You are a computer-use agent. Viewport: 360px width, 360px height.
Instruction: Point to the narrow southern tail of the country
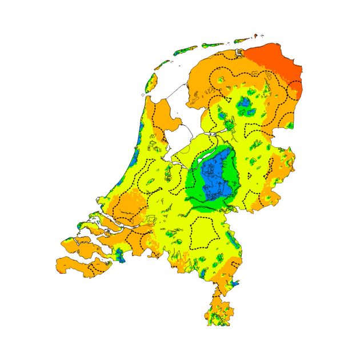click(x=217, y=309)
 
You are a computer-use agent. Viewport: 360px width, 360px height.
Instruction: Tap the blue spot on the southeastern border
click(x=235, y=283)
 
